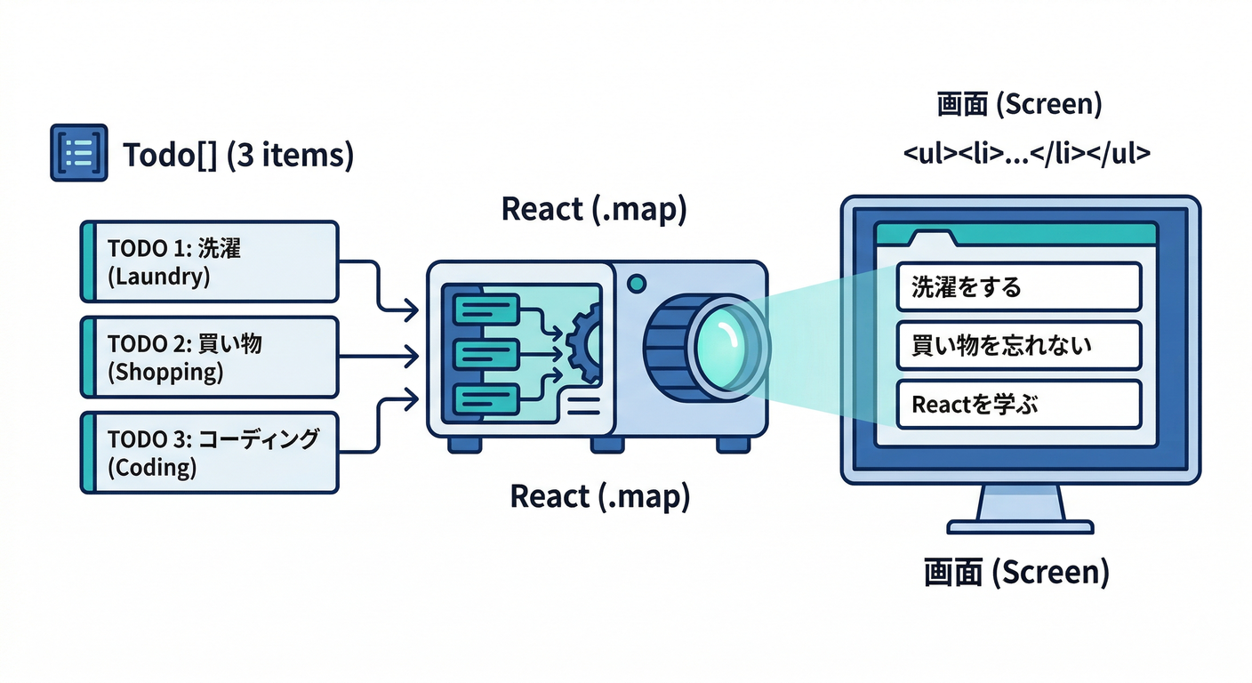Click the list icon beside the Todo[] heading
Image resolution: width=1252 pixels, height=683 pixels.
point(79,153)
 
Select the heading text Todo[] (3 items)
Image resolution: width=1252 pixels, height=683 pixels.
point(237,155)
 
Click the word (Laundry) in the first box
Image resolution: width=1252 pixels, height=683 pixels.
point(158,277)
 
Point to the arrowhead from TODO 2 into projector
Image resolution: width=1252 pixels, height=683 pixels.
point(411,357)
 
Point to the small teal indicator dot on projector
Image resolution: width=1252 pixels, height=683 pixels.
point(636,284)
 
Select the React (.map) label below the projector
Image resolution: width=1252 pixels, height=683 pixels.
point(599,496)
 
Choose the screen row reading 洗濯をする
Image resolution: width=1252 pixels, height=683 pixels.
point(1018,286)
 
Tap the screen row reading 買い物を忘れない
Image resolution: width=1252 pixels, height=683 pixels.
point(1018,346)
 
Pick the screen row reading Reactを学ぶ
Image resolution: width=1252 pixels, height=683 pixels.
point(1018,405)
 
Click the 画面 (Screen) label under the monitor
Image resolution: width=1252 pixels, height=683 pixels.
point(1016,572)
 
